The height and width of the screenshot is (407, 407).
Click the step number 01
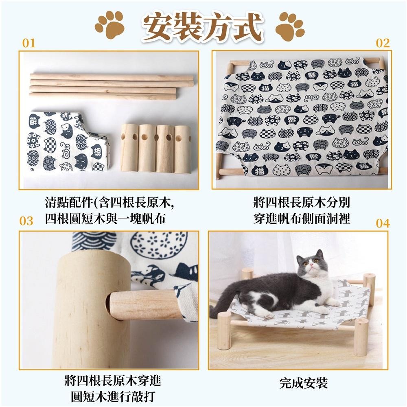[29, 43]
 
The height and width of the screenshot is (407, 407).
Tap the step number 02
[383, 43]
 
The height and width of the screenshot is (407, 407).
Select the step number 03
[26, 221]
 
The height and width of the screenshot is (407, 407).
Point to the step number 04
[383, 223]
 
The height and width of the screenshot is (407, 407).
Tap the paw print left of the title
[109, 25]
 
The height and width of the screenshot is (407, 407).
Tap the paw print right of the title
[289, 26]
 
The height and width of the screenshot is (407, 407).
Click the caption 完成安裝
[304, 383]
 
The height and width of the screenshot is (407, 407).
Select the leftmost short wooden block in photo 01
[129, 147]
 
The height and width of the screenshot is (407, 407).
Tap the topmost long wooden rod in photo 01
[112, 77]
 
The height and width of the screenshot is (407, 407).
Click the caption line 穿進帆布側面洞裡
[302, 219]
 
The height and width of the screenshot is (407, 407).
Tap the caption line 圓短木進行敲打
[113, 396]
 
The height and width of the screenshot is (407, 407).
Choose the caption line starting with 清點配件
[109, 202]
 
